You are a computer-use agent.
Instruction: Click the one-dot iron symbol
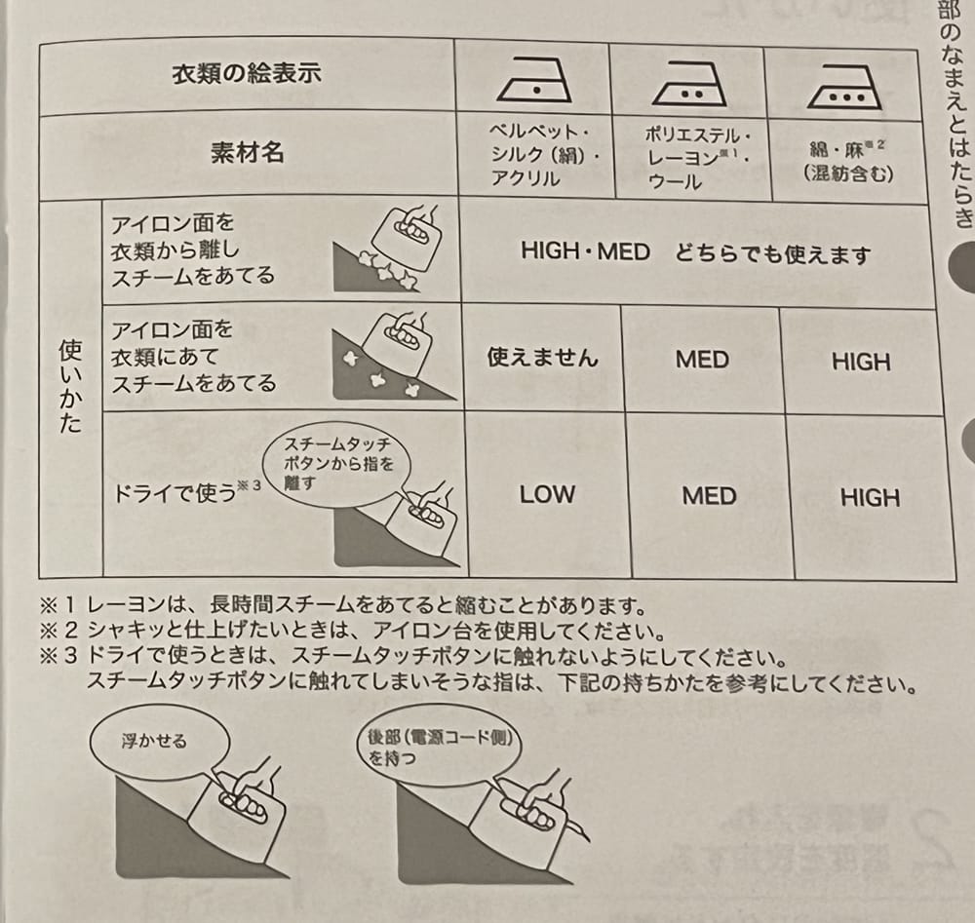(534, 80)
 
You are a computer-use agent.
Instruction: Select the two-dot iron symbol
(688, 84)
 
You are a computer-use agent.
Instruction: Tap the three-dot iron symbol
(844, 88)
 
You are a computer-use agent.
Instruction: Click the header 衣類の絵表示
(247, 73)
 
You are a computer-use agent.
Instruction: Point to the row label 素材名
(247, 153)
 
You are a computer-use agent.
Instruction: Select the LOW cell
(547, 494)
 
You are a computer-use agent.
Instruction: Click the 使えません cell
(542, 357)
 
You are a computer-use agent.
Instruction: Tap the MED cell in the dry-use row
(709, 496)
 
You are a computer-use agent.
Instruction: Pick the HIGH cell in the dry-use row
(870, 498)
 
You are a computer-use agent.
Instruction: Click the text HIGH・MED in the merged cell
(585, 251)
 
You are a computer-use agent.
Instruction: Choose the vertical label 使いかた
(70, 386)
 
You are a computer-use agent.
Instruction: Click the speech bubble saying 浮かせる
(161, 741)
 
